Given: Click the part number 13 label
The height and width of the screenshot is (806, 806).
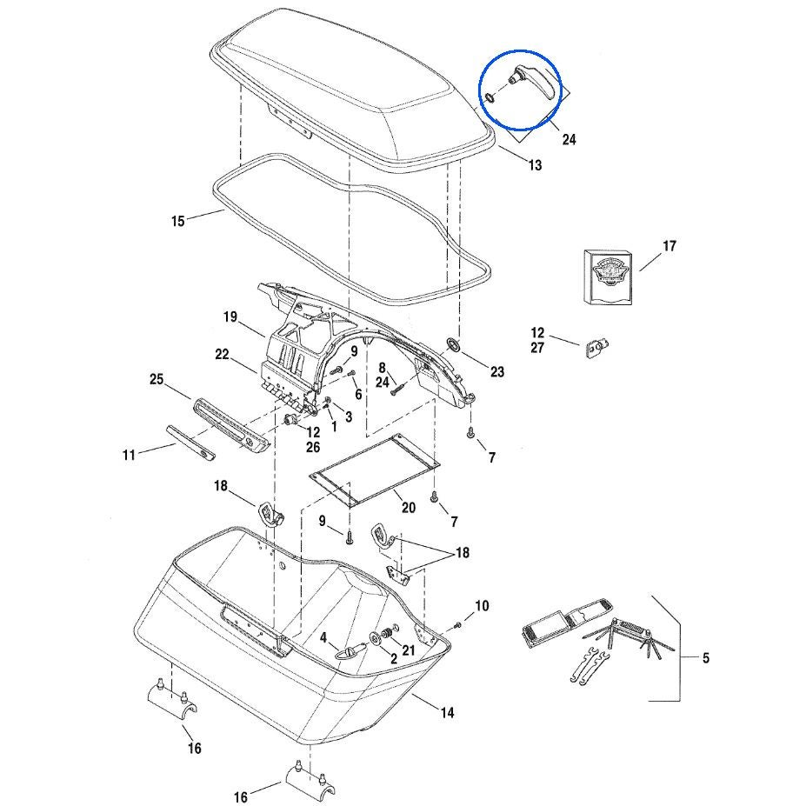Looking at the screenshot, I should [535, 165].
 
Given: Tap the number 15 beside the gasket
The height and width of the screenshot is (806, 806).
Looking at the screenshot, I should [177, 221].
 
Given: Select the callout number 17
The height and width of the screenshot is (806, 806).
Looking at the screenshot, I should [669, 247].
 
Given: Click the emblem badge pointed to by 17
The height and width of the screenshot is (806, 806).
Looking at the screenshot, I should [608, 276].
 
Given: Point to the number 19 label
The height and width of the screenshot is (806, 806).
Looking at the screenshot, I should [230, 317].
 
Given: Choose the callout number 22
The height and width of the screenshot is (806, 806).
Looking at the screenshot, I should [222, 354].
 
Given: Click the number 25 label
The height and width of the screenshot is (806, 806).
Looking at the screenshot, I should [157, 380].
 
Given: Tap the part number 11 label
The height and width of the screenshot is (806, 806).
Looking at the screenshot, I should [130, 454].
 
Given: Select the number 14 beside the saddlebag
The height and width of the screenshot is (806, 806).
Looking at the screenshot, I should [446, 713].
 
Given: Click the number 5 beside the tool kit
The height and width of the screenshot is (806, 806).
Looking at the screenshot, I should [705, 658].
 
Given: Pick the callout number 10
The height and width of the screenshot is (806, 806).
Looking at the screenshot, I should [482, 605].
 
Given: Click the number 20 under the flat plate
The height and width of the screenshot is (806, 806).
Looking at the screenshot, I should [408, 506].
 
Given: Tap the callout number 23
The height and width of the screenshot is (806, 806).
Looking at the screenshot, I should [496, 372].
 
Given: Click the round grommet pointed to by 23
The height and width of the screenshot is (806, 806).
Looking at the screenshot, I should [452, 345].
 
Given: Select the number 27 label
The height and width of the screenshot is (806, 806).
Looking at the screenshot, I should [537, 349].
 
